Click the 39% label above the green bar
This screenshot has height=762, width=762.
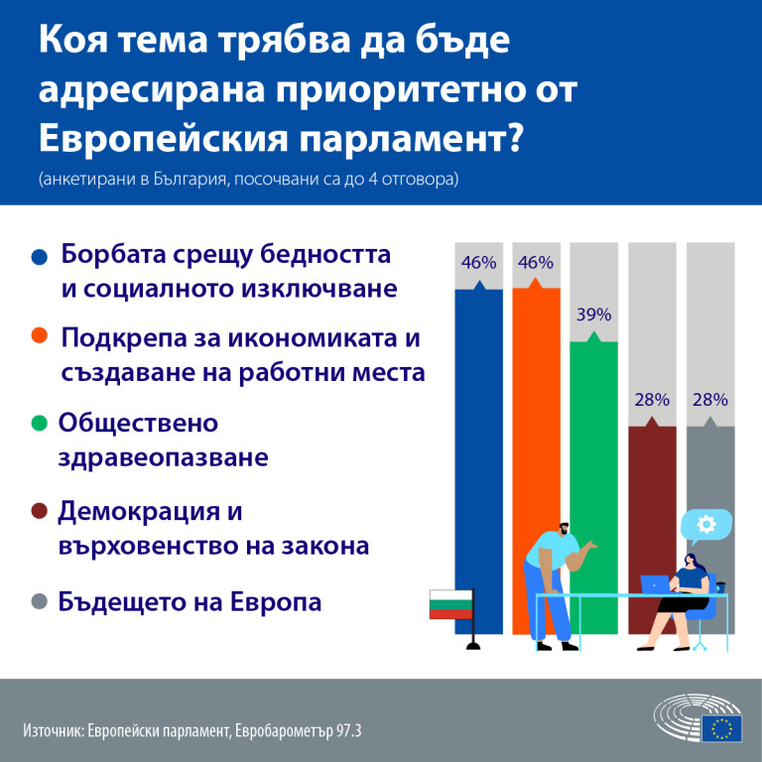pyautogui.click(x=594, y=315)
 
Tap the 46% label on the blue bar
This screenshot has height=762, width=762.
pyautogui.click(x=478, y=263)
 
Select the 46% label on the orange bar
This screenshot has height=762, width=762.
pyautogui.click(x=536, y=263)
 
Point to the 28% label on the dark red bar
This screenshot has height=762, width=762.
pyautogui.click(x=652, y=400)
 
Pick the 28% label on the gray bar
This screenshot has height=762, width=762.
pyautogui.click(x=710, y=400)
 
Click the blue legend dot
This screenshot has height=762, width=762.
pyautogui.click(x=40, y=255)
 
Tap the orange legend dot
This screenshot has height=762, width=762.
pyautogui.click(x=40, y=337)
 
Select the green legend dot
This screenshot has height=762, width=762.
pyautogui.click(x=40, y=424)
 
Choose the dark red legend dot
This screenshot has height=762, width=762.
pyautogui.click(x=40, y=511)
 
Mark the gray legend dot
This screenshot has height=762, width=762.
pyautogui.click(x=40, y=602)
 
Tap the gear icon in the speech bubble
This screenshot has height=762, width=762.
pyautogui.click(x=706, y=524)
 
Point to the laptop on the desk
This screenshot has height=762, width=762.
pyautogui.click(x=656, y=584)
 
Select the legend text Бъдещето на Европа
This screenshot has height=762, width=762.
pyautogui.click(x=190, y=602)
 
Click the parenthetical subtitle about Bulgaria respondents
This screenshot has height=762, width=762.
pyautogui.click(x=248, y=181)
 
